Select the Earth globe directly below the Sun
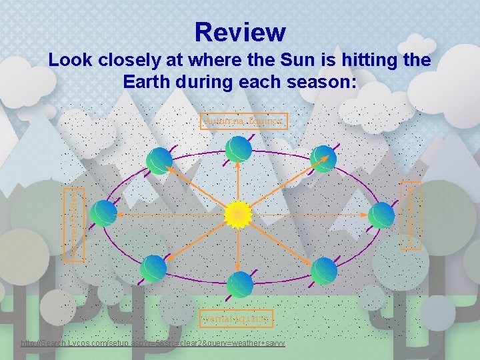239,284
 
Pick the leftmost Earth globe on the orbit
104,213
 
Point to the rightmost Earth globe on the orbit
382,215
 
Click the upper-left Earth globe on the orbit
159,160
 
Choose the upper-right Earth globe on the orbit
323,159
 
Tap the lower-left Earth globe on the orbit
154,269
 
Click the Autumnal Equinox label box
244,121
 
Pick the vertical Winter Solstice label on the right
412,215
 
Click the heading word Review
240,31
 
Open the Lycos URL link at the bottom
153,343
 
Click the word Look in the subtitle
67,61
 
